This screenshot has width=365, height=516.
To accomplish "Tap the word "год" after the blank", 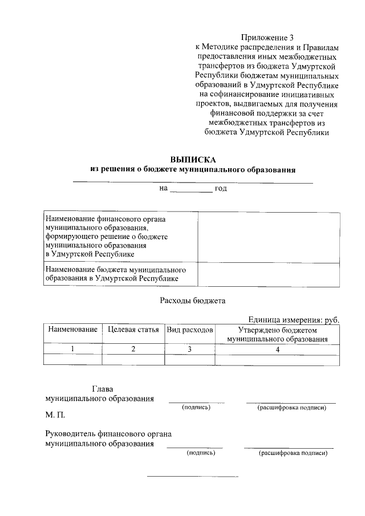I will click(221, 188).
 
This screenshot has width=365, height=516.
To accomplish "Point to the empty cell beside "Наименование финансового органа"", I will click(269, 236).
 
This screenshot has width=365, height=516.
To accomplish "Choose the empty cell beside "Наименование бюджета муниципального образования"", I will click(269, 274).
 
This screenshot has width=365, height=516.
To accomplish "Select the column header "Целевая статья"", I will click(133, 330).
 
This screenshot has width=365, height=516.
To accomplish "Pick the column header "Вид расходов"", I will click(190, 330).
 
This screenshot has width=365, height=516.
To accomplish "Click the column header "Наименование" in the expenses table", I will click(72, 330).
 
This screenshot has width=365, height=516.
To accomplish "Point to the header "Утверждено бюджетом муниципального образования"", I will click(277, 335).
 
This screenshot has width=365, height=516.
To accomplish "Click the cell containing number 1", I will click(72, 350).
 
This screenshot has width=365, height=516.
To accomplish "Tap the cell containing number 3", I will click(190, 350).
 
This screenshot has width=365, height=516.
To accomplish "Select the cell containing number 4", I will click(277, 350).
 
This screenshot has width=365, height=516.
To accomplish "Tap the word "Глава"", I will click(106, 389).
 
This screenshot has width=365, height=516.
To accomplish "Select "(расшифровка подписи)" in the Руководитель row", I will click(293, 453).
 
